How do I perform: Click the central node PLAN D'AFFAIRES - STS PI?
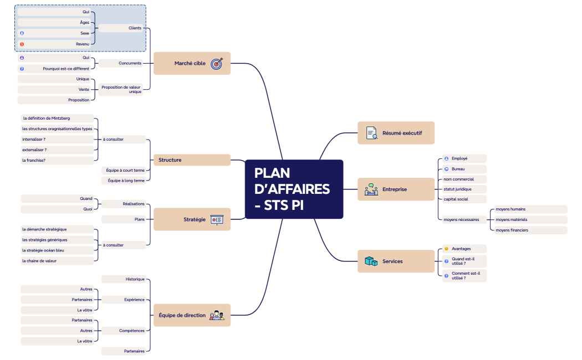pos(294,189)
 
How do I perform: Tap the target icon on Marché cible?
pos(217,63)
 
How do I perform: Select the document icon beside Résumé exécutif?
pos(372,133)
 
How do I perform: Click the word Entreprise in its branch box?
pos(395,189)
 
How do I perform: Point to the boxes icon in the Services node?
pos(371,261)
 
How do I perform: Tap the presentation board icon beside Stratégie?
pos(217,219)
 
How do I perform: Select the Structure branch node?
pos(191,160)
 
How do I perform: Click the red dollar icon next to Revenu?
pos(22,44)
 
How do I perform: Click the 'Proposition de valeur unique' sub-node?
pos(121,89)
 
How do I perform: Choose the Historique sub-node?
pos(125,279)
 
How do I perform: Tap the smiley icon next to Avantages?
pos(446,249)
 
